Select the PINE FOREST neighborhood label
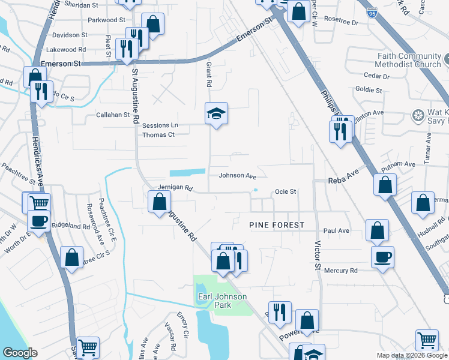[277, 225]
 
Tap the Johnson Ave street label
[237, 176]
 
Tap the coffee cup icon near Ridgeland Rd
[39, 220]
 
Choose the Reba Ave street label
[342, 181]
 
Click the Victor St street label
[316, 247]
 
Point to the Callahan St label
[113, 115]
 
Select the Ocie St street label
[286, 192]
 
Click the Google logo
[20, 353]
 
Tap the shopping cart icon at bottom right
[427, 340]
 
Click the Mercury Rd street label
[340, 271]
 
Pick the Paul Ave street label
[336, 230]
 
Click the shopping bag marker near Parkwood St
[153, 25]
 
